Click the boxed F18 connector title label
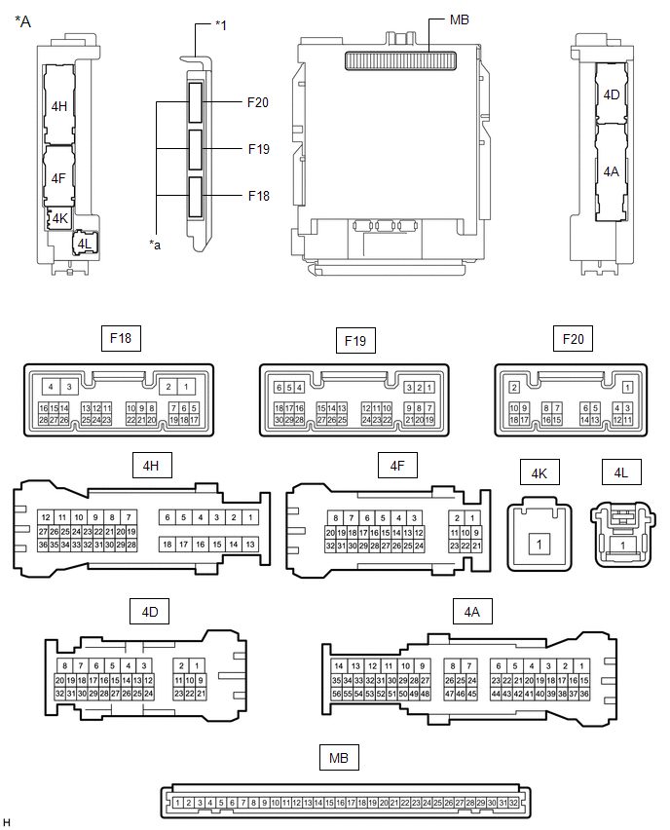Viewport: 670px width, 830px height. click(121, 338)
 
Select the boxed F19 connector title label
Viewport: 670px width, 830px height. click(355, 340)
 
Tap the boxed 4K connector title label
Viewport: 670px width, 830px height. click(540, 472)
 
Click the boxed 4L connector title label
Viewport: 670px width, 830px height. click(621, 472)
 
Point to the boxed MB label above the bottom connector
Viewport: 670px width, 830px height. click(339, 758)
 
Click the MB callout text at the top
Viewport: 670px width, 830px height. click(460, 19)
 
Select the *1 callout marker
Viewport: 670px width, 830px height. click(221, 25)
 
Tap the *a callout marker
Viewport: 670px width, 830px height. click(155, 245)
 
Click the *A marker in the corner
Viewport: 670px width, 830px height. click(22, 21)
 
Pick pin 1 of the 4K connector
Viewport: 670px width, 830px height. click(540, 544)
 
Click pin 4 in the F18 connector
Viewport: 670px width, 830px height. click(51, 387)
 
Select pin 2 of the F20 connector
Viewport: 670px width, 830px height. click(514, 388)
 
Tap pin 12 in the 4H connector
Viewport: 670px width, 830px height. click(46, 517)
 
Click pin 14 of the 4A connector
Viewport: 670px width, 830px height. click(339, 666)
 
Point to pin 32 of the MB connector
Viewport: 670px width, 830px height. click(513, 803)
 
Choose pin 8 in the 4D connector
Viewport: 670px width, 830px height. click(65, 666)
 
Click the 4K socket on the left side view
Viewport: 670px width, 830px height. click(58, 218)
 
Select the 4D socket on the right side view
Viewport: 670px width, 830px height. click(612, 94)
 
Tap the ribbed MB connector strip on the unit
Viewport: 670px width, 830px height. click(400, 60)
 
